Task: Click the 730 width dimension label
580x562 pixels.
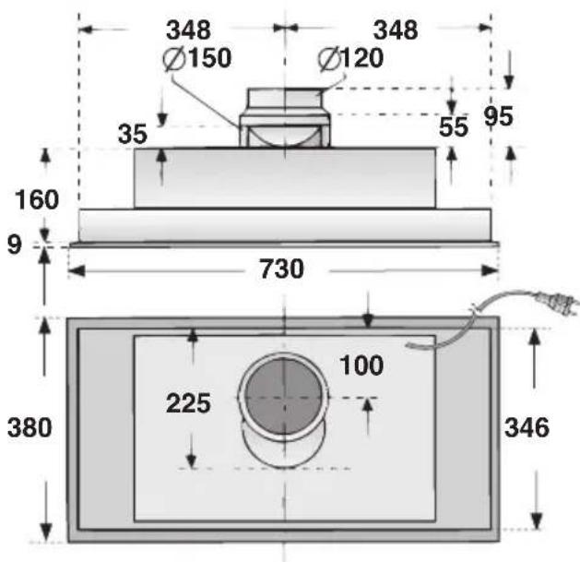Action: point(280,270)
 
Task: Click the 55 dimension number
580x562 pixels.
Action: point(454,127)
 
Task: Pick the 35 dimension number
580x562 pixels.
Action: point(133,134)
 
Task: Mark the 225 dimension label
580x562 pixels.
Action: point(188,403)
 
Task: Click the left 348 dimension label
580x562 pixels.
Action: point(187,30)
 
